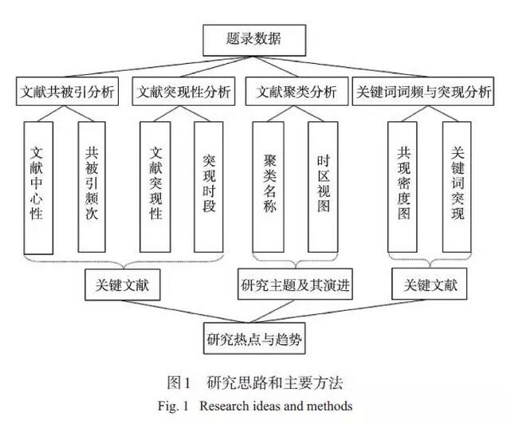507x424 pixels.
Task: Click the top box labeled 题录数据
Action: pyautogui.click(x=254, y=37)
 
